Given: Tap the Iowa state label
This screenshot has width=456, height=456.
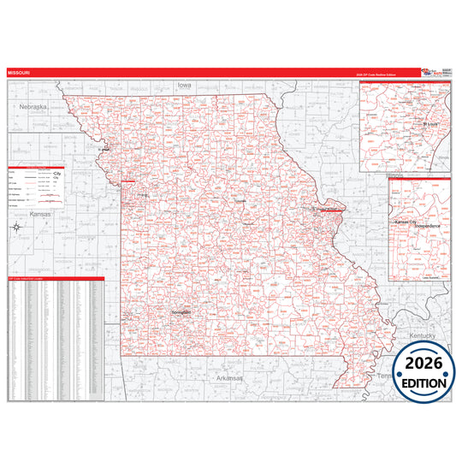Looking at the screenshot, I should [184, 86].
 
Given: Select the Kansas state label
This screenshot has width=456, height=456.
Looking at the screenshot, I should [39, 213].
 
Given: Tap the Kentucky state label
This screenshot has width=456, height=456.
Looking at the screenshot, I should [423, 336].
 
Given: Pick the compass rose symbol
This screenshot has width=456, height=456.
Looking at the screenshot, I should [17, 227].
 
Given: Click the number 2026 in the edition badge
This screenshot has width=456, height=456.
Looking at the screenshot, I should [424, 364].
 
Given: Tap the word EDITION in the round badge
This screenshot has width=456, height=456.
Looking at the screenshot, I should [424, 383].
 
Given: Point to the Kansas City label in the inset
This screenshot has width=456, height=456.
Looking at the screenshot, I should [409, 222].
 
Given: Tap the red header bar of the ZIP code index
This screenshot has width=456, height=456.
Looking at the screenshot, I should [56, 279].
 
